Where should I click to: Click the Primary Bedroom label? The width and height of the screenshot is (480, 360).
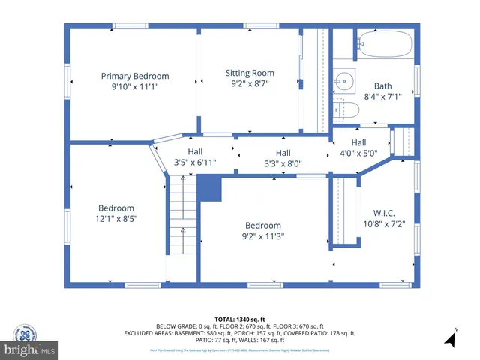(x=135, y=76)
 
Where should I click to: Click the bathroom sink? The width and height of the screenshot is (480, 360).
(x=346, y=79)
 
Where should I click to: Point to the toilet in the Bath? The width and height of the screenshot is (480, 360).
(x=347, y=110)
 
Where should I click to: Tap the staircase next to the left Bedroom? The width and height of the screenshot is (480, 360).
(x=181, y=225)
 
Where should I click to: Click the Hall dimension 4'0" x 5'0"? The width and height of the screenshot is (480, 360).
(x=358, y=153)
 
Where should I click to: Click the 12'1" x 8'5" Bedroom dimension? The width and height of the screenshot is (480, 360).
(x=116, y=219)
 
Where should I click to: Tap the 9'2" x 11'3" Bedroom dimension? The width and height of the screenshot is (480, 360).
(x=262, y=236)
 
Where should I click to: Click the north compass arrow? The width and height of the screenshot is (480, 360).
(x=451, y=338)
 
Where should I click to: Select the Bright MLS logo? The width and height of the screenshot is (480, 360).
(x=30, y=349)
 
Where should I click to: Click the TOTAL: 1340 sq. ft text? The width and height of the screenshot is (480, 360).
(x=240, y=319)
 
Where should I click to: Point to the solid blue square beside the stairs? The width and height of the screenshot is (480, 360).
(x=210, y=189)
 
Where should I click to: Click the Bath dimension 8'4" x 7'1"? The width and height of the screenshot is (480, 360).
(x=383, y=97)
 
